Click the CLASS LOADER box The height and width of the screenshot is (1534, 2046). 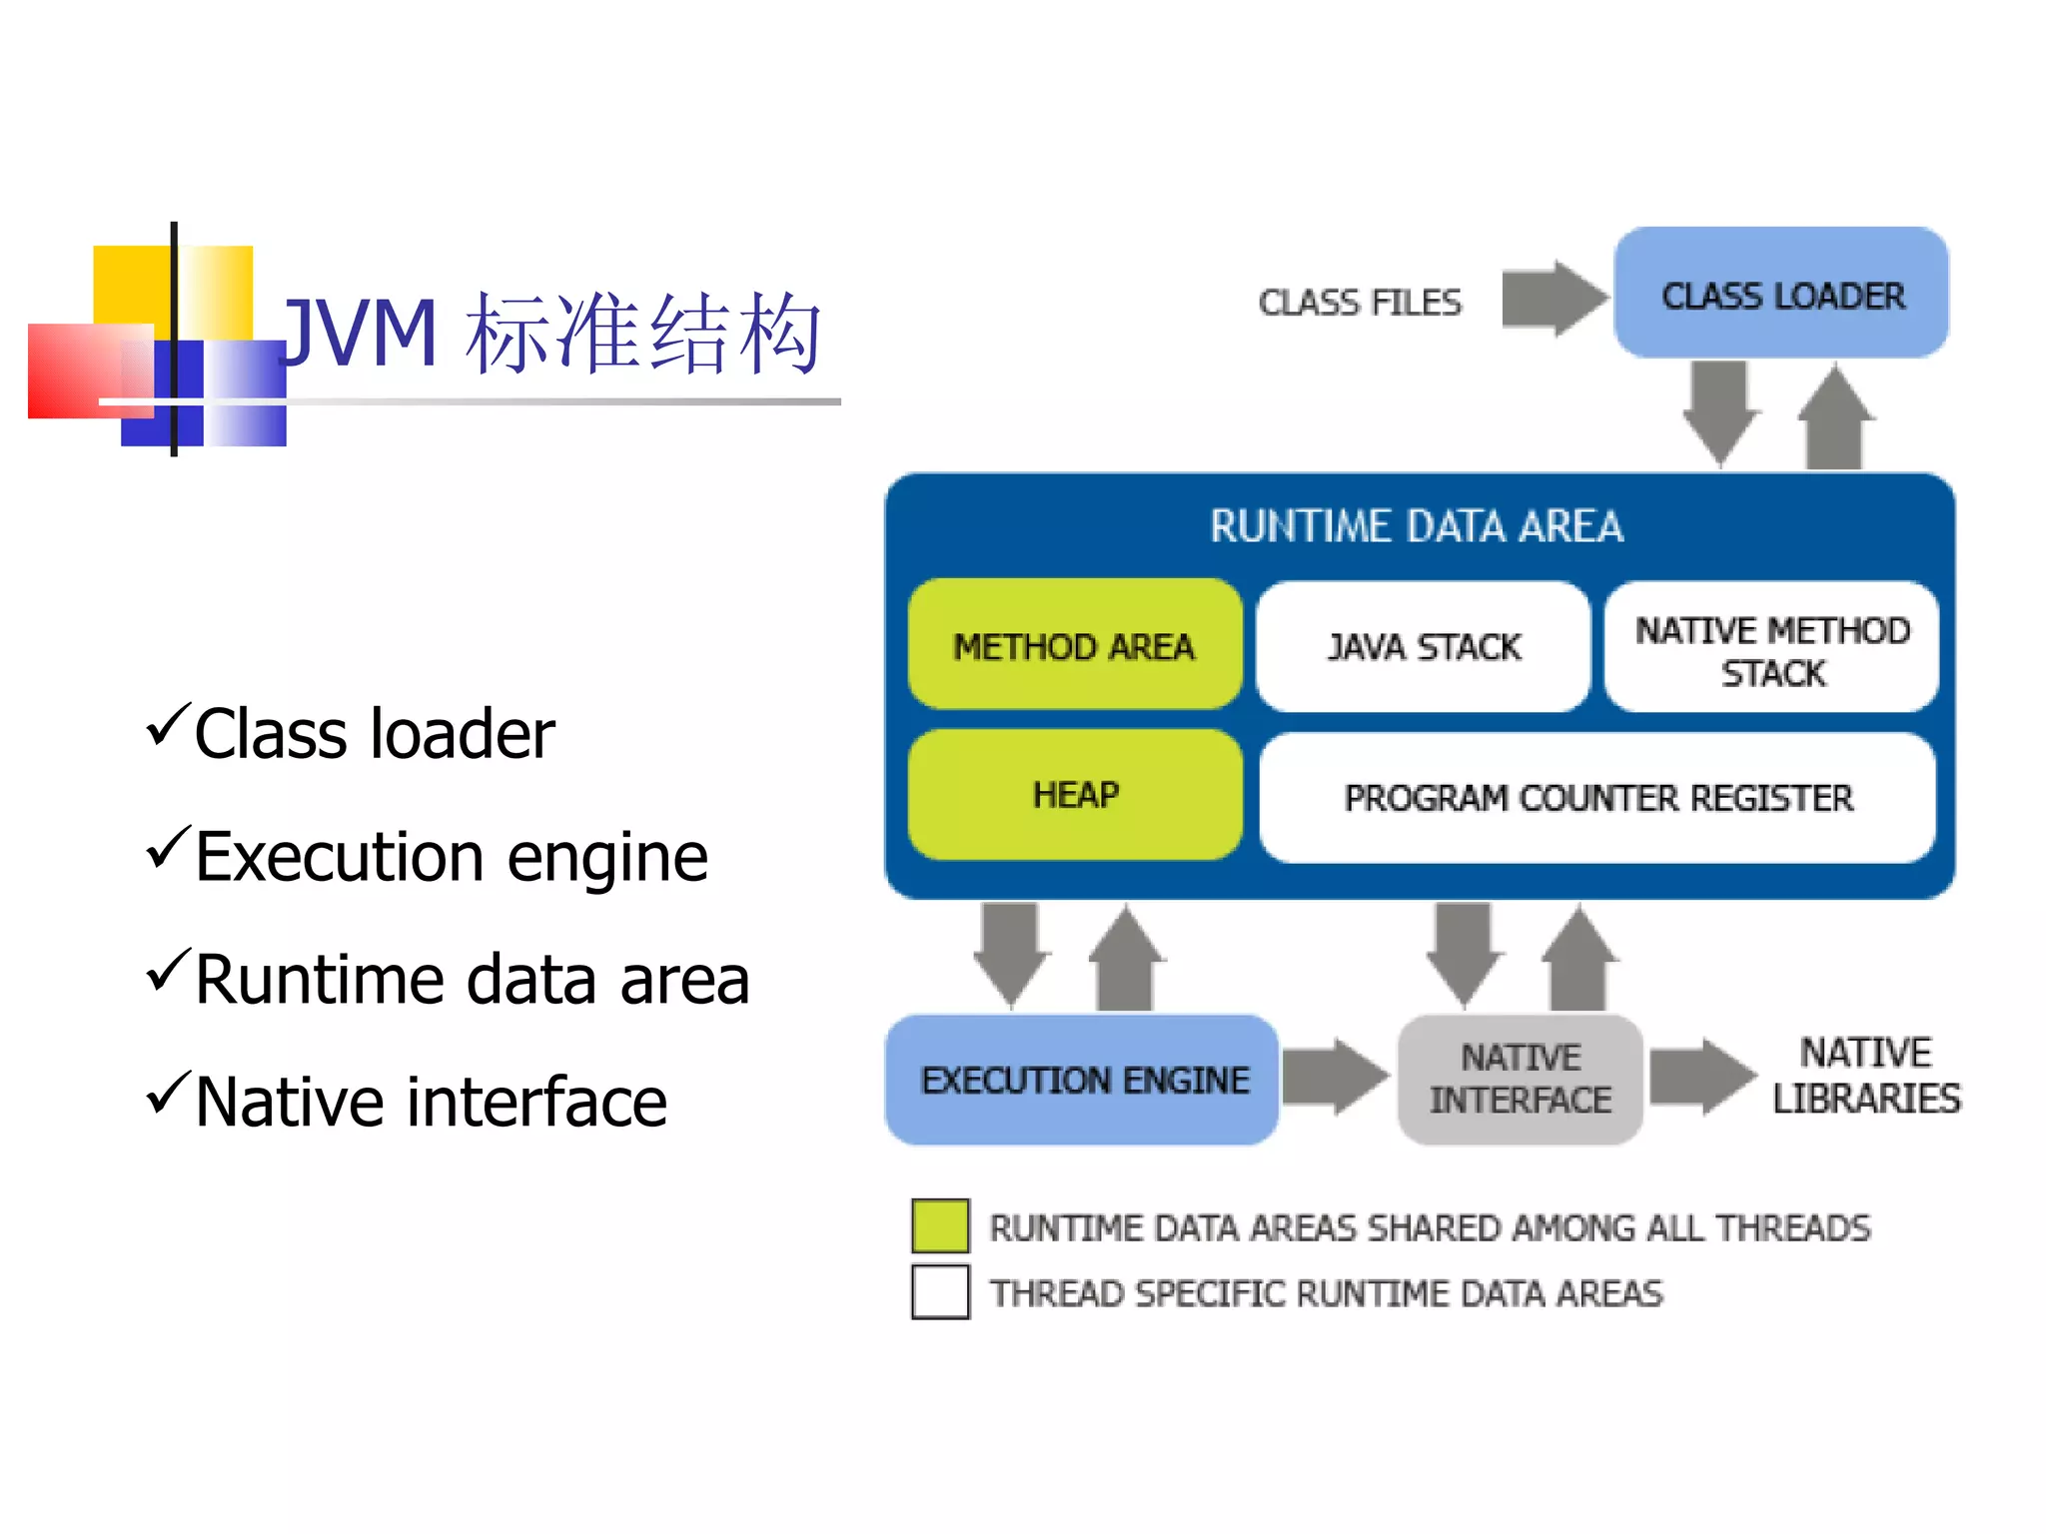click(x=1780, y=293)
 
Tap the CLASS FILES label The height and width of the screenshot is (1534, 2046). click(x=1359, y=302)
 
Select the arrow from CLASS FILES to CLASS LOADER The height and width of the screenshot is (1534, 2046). click(x=1553, y=298)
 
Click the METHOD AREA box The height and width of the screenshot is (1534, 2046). click(x=1074, y=645)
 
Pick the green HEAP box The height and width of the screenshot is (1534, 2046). click(x=1074, y=795)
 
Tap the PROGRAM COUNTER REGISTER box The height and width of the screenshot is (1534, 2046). click(x=1597, y=798)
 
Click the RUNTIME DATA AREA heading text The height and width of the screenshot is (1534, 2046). click(x=1417, y=526)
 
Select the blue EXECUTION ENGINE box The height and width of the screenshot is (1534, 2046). click(x=1083, y=1080)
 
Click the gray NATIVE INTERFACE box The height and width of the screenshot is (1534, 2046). click(x=1520, y=1079)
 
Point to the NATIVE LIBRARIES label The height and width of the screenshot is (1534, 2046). click(x=1865, y=1076)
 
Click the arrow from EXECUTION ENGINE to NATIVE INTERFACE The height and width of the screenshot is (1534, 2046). click(x=1335, y=1076)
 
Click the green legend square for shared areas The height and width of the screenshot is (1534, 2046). click(x=940, y=1225)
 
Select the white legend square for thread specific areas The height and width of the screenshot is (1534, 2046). click(x=940, y=1291)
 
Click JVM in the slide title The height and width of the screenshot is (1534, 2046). click(x=360, y=333)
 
